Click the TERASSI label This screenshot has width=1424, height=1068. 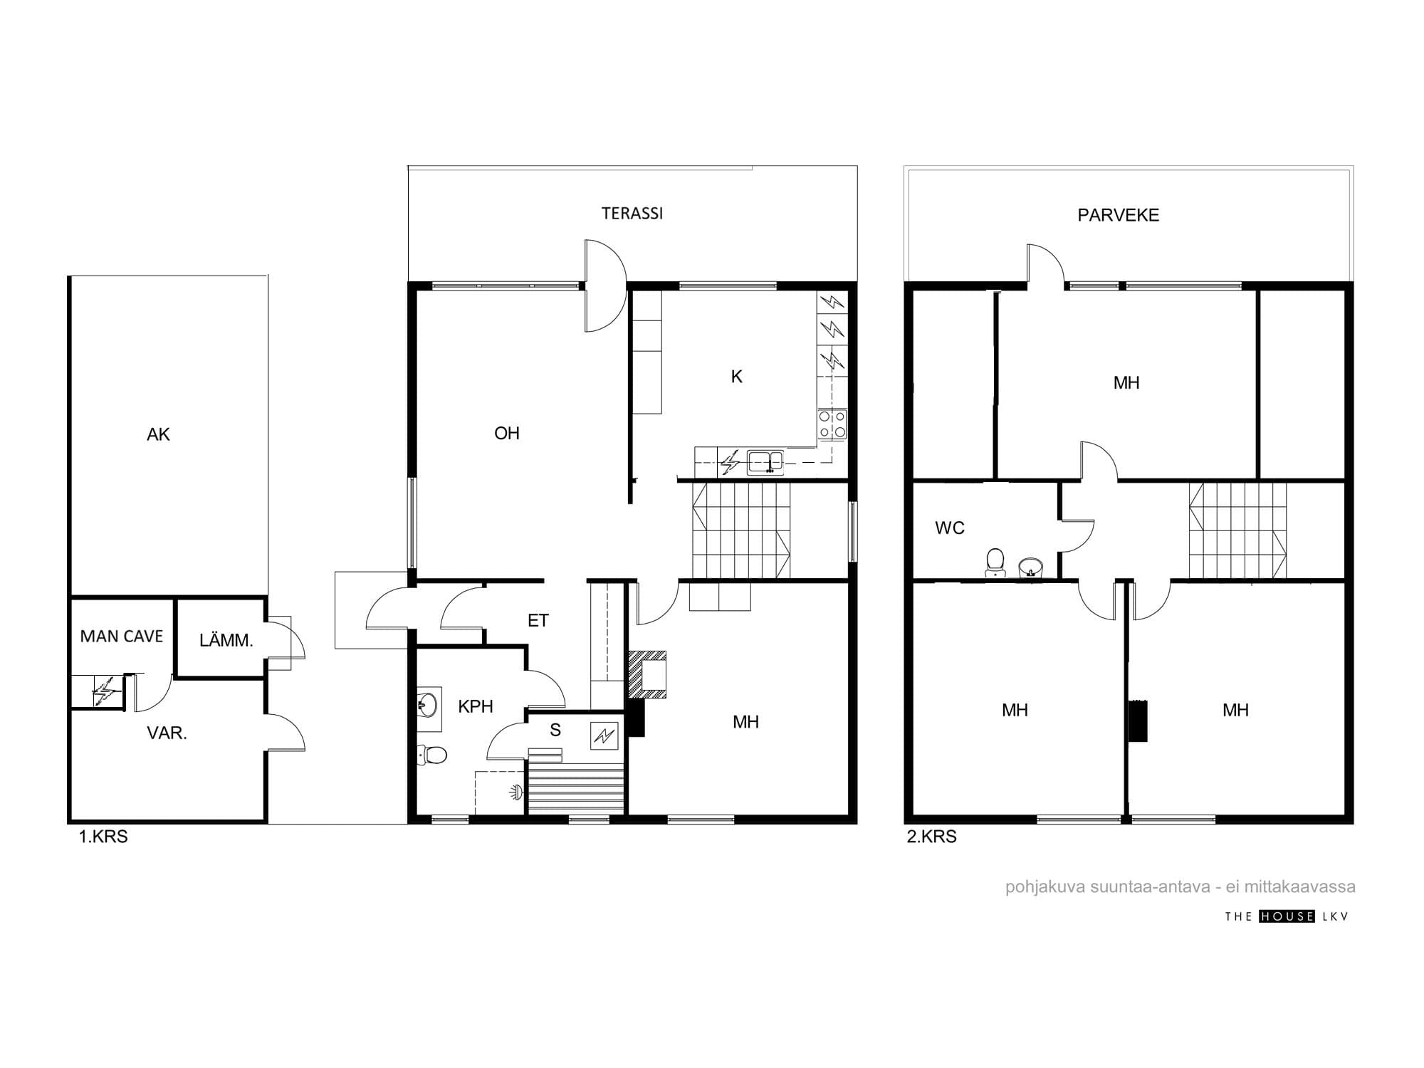tap(632, 214)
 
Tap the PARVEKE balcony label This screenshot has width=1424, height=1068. tap(1119, 215)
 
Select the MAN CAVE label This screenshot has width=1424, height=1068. tap(122, 637)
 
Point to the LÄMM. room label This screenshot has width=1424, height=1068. tap(226, 640)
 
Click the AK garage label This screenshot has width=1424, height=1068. tap(158, 434)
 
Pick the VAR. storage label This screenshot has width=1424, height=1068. tap(167, 733)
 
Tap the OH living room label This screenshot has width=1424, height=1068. tap(507, 433)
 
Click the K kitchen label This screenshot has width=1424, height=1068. tap(737, 377)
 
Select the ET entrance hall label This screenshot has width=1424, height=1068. tap(538, 621)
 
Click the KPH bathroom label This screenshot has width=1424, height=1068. tap(476, 706)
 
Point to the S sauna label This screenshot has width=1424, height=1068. tap(555, 730)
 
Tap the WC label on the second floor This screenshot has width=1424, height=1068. tap(950, 528)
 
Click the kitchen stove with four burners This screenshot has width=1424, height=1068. tap(832, 424)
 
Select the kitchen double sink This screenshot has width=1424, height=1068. tap(765, 463)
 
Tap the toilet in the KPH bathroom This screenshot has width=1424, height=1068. tap(432, 754)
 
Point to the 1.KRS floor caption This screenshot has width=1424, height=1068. tap(103, 837)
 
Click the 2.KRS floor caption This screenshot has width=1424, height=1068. tap(931, 837)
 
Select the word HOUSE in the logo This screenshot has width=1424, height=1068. tap(1287, 916)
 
